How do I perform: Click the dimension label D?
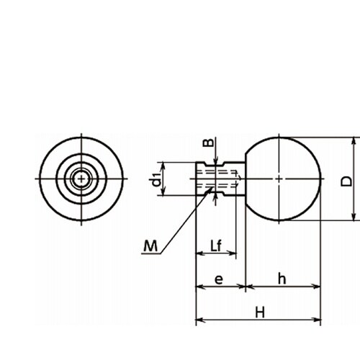[346, 181]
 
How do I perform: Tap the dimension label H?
[260, 312]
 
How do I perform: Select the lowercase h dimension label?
[282, 279]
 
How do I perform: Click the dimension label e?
[219, 280]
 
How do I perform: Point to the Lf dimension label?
[216, 246]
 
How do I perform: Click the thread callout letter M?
[150, 246]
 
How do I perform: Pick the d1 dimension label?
[157, 179]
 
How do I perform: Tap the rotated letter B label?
[208, 143]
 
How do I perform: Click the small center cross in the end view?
[81, 179]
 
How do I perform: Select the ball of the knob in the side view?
[283, 179]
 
